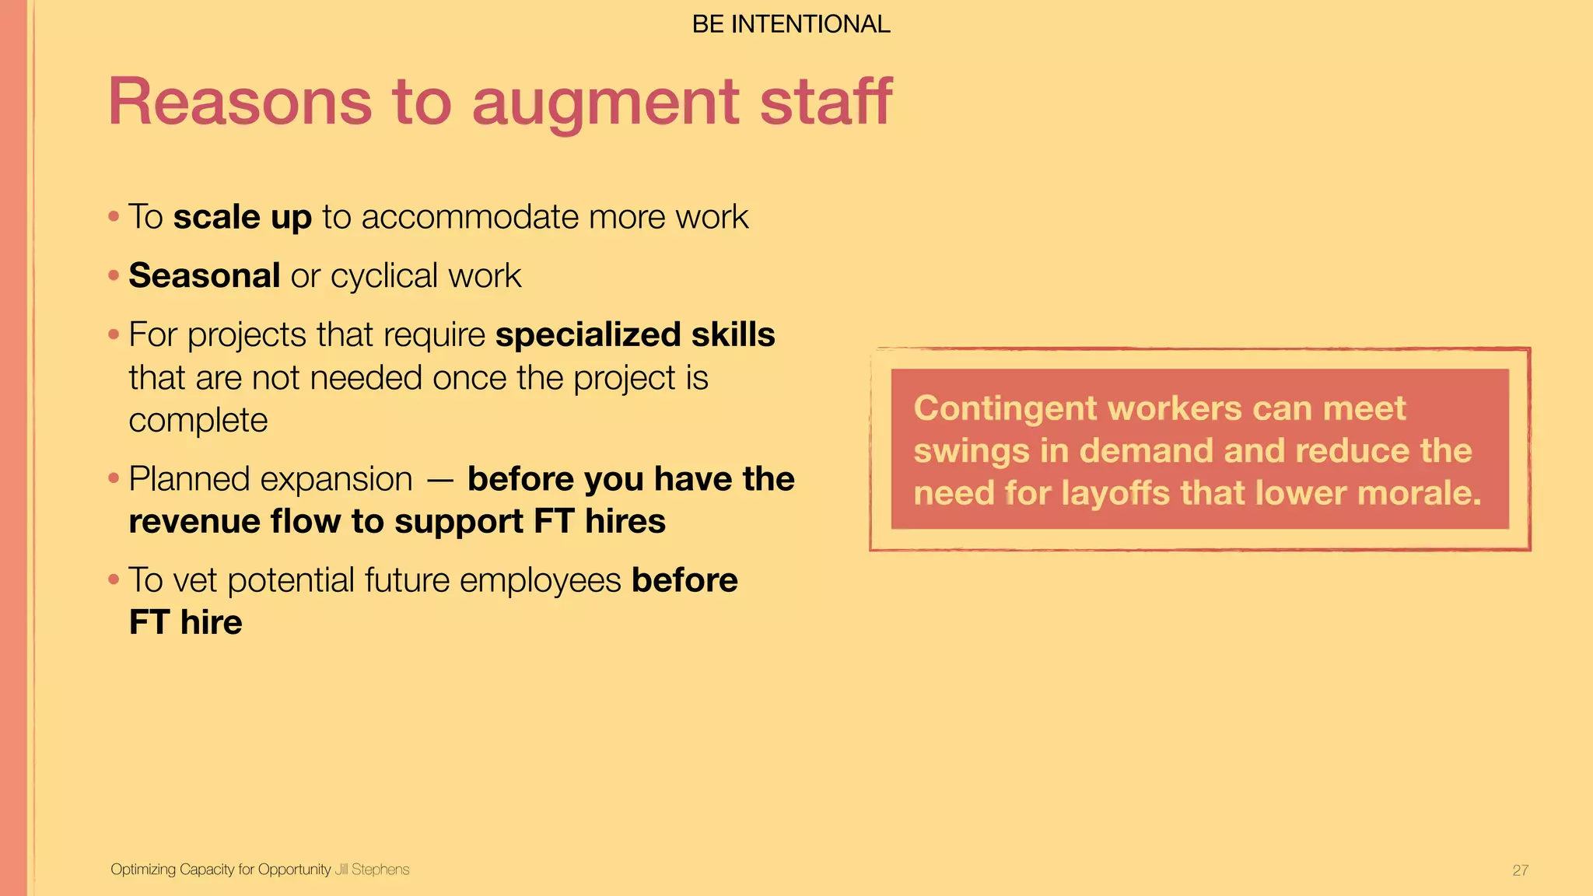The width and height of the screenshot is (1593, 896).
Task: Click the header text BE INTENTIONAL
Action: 791,25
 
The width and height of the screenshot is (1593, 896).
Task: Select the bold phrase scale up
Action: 242,217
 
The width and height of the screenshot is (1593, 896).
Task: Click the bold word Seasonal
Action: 205,276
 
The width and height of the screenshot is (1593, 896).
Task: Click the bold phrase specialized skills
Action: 635,335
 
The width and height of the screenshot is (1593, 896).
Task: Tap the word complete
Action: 198,421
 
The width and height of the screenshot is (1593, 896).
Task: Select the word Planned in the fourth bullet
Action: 182,479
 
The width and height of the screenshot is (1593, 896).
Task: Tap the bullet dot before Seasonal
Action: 114,275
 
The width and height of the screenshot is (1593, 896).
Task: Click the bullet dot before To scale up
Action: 114,216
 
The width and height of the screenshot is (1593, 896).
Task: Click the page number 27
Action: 1520,870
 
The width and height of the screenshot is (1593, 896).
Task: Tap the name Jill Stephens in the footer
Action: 372,870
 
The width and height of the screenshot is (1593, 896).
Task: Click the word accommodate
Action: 470,217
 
